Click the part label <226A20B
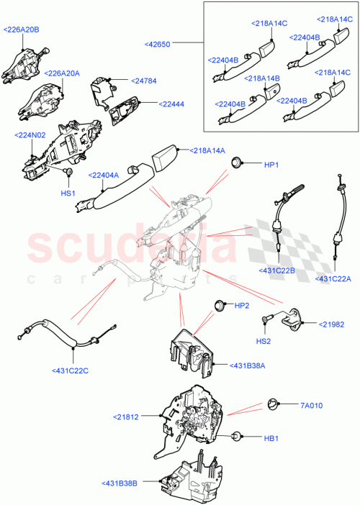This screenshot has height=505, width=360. (22, 29)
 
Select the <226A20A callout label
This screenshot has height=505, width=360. (62, 73)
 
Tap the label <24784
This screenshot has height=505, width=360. (143, 81)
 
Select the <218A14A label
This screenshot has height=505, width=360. (208, 150)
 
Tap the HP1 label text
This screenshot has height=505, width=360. (271, 165)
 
